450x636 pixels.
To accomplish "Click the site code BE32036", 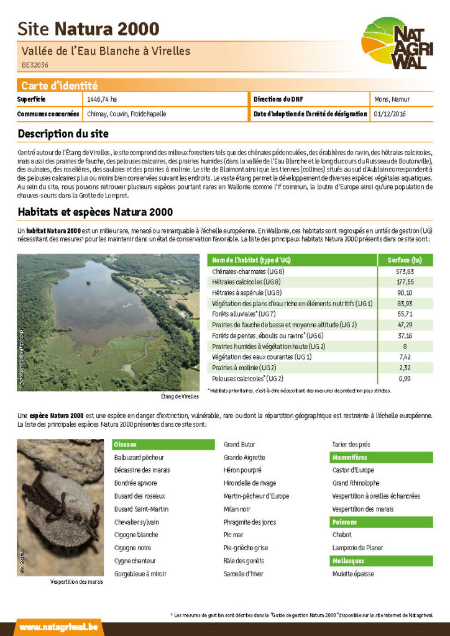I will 35,65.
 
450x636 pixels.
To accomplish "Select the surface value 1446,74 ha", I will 102,99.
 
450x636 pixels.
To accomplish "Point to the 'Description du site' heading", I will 63,134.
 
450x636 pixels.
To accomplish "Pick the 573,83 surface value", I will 405,271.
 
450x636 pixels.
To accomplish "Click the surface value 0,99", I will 405,378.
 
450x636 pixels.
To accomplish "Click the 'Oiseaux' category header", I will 125,444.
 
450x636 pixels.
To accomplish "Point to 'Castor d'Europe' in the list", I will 353,470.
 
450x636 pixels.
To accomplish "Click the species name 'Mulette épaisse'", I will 353,574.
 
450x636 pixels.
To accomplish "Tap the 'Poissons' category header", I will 344,522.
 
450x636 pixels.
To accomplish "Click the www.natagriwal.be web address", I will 58,627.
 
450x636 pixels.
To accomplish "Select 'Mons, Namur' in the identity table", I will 392,99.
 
